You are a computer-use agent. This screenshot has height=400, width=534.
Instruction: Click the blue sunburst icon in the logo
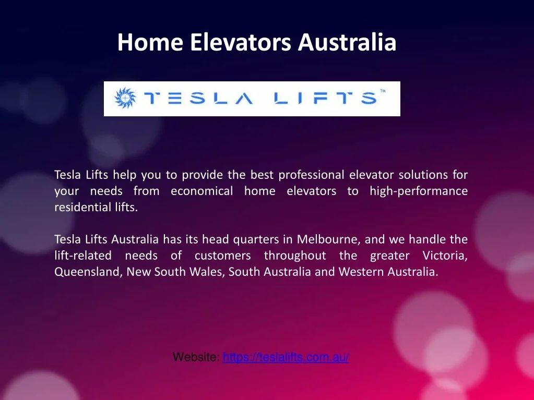coord(125,98)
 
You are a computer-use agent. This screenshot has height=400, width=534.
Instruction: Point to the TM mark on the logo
coord(383,91)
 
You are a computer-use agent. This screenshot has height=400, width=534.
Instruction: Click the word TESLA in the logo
coord(198,98)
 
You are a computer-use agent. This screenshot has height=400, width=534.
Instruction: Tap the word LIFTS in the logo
coord(326,98)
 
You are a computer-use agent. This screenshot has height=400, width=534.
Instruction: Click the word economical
coord(201,191)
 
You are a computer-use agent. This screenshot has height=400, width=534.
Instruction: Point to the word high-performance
coord(419,191)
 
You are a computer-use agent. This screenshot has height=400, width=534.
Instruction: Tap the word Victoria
coord(445,256)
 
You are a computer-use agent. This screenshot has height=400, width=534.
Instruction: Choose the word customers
coord(223,256)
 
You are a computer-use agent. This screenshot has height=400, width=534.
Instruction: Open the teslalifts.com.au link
coord(286,357)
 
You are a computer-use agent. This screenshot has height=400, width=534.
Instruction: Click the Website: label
coord(196,357)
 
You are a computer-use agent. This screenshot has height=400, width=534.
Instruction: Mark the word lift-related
coord(83,256)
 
